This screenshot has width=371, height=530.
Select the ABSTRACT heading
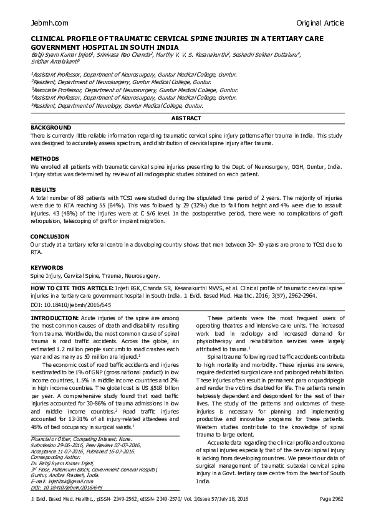(186, 118)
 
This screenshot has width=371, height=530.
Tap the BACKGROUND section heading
(51, 127)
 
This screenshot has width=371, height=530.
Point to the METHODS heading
(45, 159)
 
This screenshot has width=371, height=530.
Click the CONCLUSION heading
(49, 237)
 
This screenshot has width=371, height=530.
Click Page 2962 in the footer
(332, 500)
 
